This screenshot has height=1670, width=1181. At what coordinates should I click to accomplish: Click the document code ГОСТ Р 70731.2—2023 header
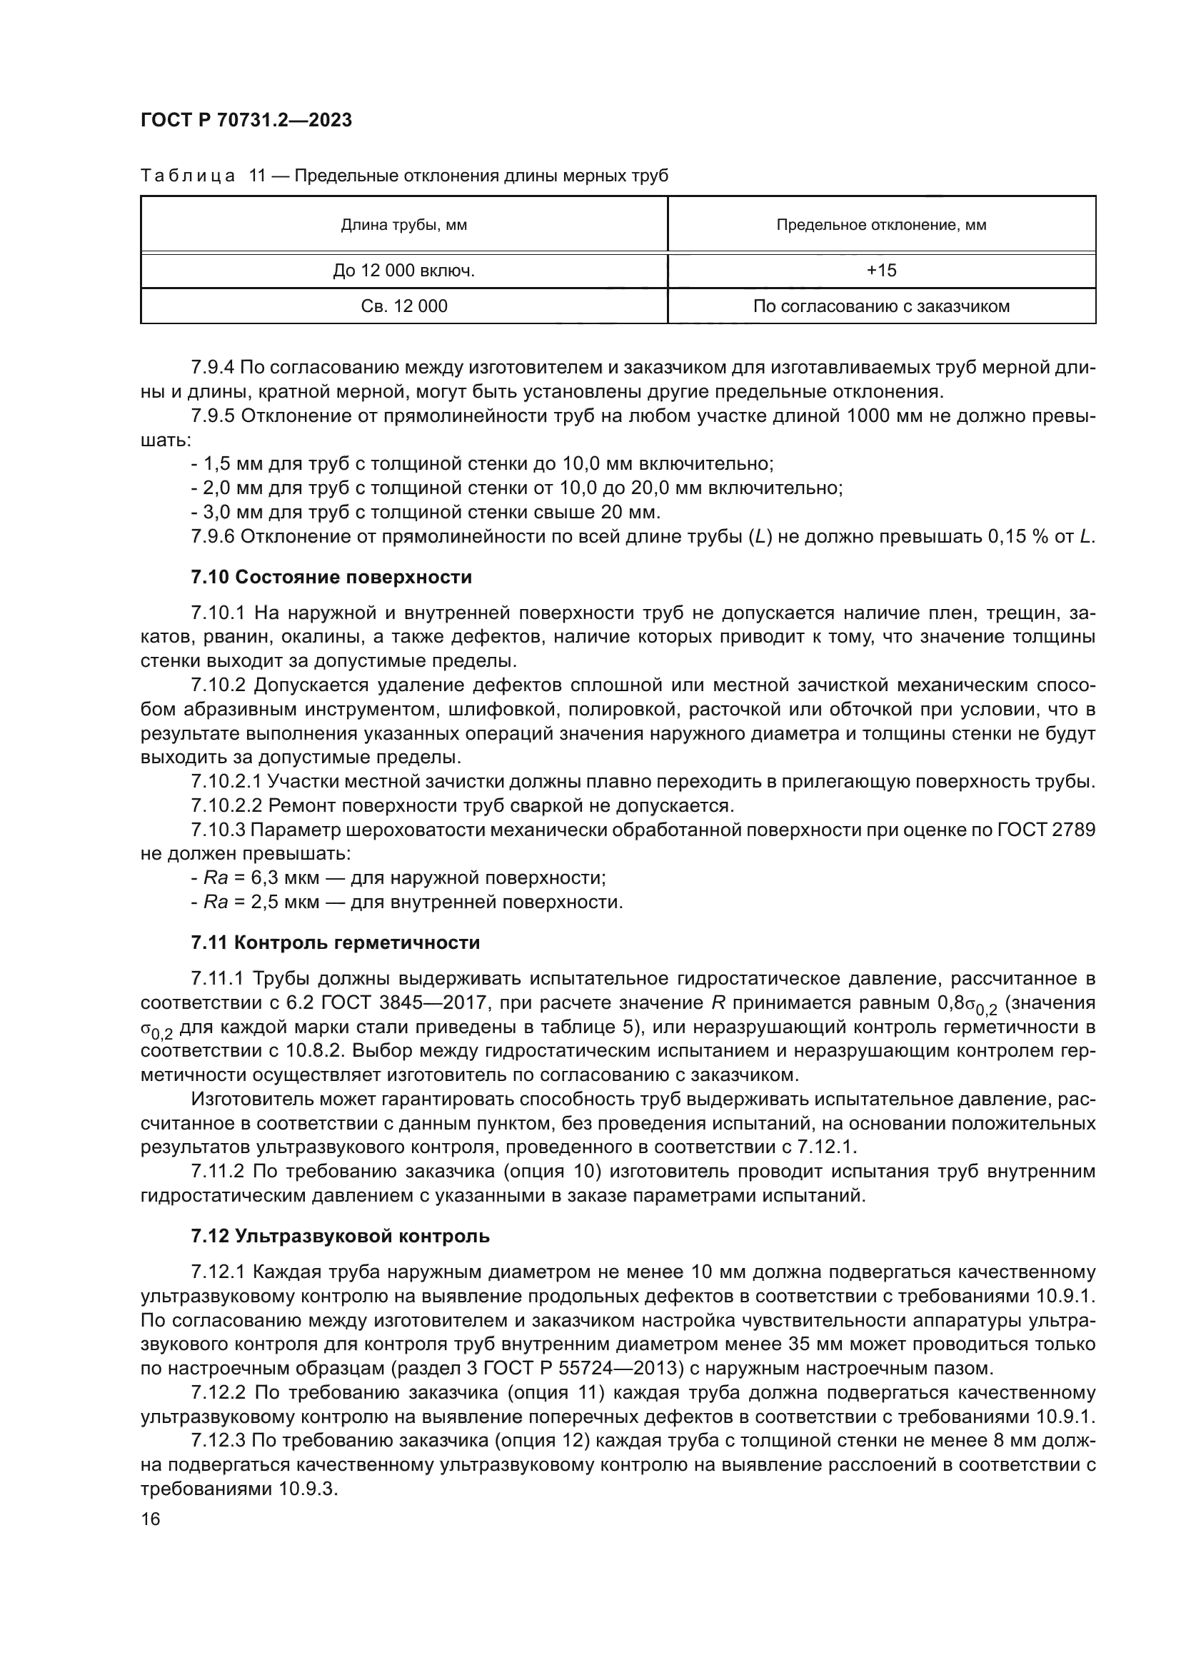[246, 121]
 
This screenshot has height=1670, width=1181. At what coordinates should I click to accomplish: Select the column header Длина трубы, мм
[403, 226]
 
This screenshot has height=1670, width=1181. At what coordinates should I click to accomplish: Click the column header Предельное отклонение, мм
[880, 226]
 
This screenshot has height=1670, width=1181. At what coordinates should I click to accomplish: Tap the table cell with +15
[880, 271]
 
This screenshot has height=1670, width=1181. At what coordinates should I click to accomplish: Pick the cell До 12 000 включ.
[403, 271]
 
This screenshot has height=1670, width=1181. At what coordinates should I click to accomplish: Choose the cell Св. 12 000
[403, 306]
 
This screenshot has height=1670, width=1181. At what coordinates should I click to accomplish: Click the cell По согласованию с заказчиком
[880, 306]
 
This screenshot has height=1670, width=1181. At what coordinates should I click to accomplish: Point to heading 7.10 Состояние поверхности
[331, 578]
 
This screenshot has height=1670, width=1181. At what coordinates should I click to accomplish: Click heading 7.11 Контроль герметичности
[336, 942]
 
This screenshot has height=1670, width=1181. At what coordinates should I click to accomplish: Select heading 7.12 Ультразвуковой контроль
[340, 1236]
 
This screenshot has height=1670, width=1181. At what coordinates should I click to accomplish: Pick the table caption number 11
[258, 176]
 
